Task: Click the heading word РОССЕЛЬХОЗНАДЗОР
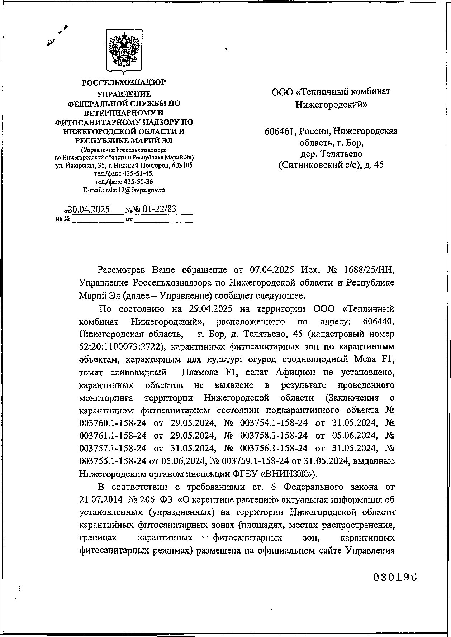tap(124, 83)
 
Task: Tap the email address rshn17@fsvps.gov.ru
tap(135, 190)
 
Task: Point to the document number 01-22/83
tap(160, 209)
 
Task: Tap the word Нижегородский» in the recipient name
tap(331, 105)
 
